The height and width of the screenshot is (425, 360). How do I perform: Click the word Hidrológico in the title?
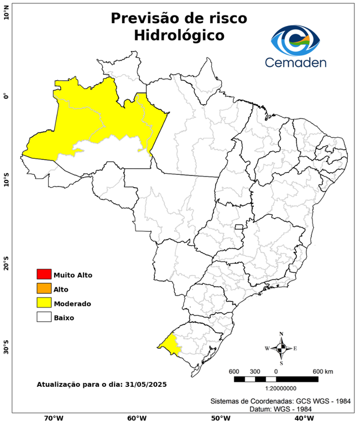click(179, 35)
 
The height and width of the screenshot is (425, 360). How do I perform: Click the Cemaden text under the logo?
click(295, 62)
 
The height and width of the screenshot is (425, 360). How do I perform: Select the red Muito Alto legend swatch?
click(44, 274)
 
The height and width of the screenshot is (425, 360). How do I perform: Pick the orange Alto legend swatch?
click(44, 288)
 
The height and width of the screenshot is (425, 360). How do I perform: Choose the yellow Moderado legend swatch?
click(44, 303)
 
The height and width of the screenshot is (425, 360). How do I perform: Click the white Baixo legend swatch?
click(44, 317)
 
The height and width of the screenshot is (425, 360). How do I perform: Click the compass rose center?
click(281, 348)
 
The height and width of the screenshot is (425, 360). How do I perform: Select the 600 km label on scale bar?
click(323, 371)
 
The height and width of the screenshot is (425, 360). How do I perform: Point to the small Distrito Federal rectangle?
click(239, 227)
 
